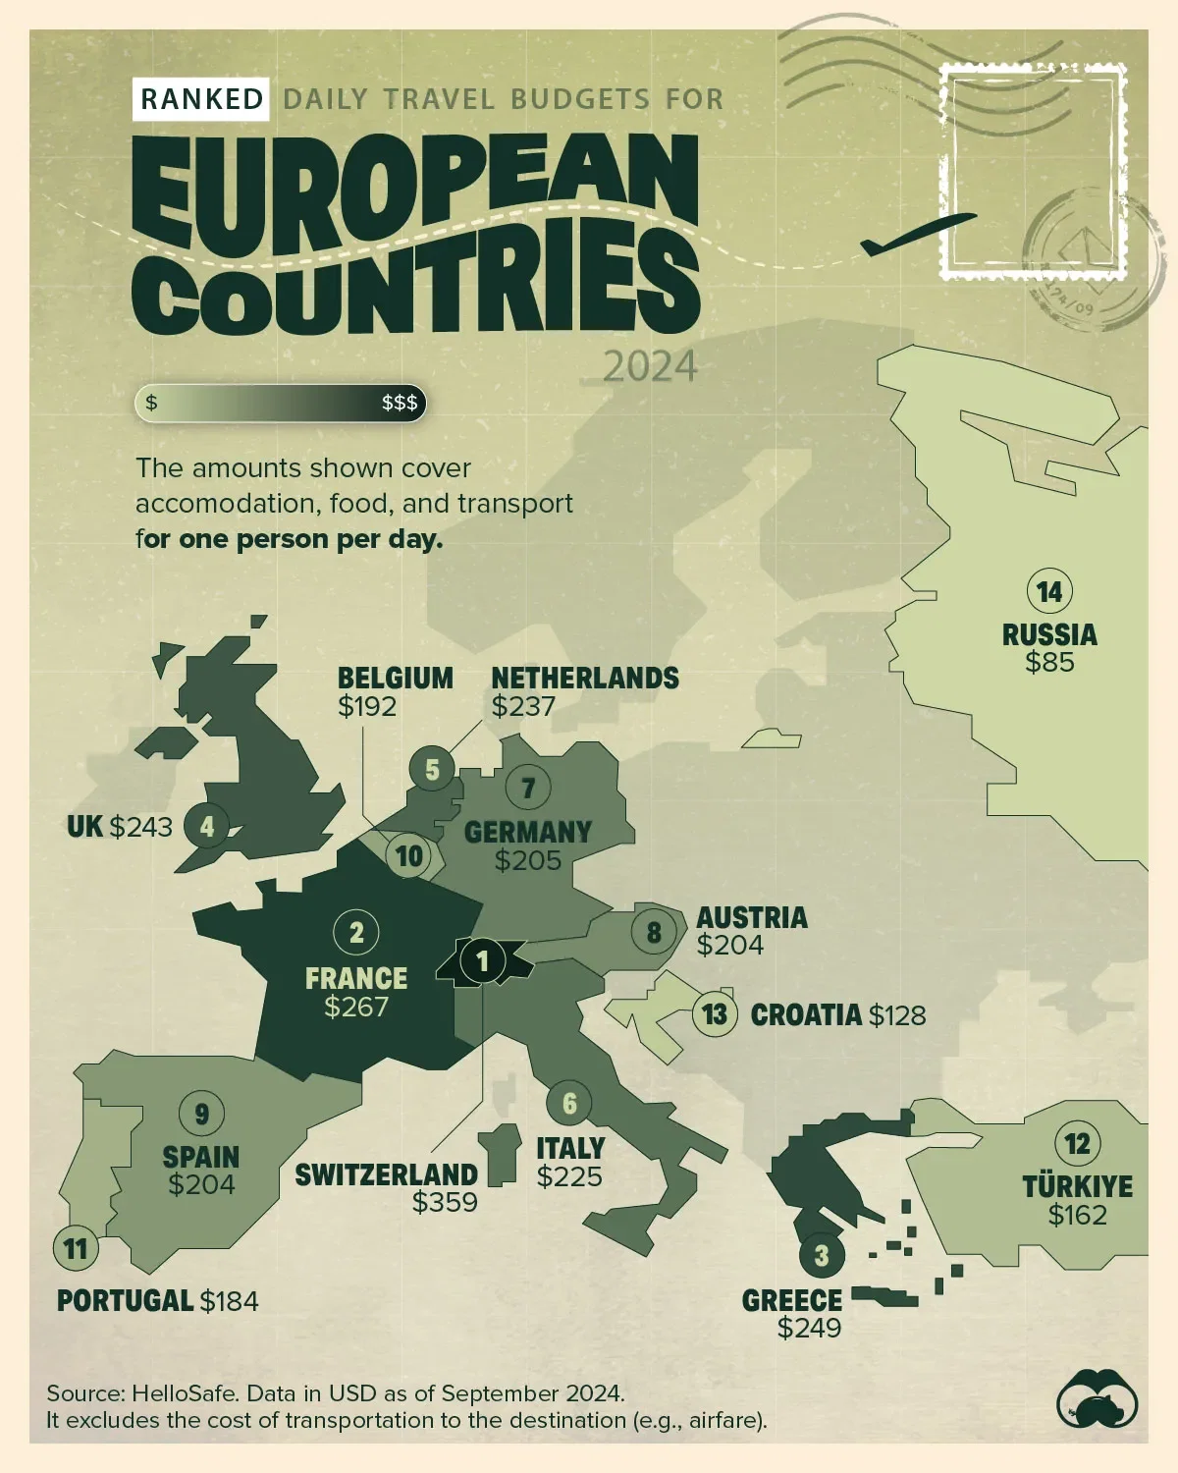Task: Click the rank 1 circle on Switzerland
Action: (482, 960)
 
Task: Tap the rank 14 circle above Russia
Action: (1049, 592)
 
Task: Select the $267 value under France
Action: (356, 1007)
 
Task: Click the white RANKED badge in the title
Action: (201, 99)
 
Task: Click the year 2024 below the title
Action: (649, 366)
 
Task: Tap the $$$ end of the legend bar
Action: (400, 403)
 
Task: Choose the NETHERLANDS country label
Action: (585, 679)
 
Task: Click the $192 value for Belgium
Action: (367, 706)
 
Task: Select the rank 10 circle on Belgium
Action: (409, 855)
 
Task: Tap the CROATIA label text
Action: (806, 1014)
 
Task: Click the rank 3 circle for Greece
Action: (822, 1254)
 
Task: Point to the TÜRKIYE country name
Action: (1077, 1186)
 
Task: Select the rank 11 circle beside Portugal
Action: (76, 1248)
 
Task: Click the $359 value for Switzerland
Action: (445, 1202)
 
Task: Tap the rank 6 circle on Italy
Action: (569, 1103)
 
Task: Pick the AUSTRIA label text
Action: (752, 918)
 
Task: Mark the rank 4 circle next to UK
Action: (206, 826)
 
